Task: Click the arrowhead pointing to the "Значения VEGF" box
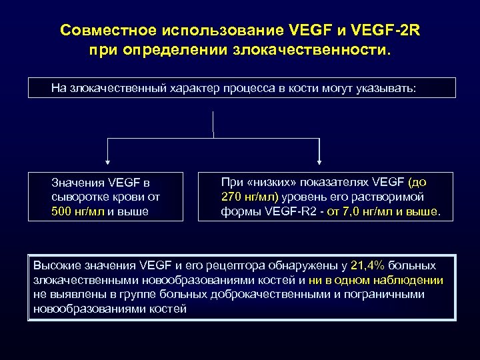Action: pos(108,161)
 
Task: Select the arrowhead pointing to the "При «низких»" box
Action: pos(321,161)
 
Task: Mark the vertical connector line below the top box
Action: pos(213,123)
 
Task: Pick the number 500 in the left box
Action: pos(62,212)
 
